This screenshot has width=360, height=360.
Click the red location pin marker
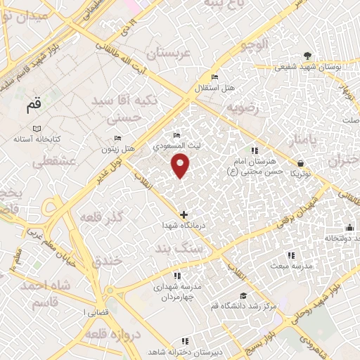click(181, 165)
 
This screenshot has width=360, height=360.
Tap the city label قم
click(33, 105)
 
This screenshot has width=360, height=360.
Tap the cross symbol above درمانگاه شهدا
click(184, 214)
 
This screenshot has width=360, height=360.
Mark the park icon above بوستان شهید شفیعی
click(307, 56)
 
